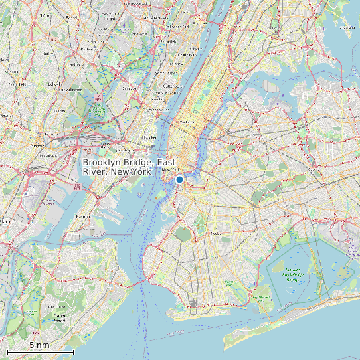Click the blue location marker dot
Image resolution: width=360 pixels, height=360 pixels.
point(179,179)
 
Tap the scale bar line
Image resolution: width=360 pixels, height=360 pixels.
point(40,351)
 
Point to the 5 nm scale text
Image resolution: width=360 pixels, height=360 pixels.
point(39,345)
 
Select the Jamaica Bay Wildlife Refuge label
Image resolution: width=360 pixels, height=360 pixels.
point(294,272)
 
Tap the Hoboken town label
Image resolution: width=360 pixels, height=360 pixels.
point(151,137)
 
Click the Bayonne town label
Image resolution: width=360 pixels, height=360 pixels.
point(84,216)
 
